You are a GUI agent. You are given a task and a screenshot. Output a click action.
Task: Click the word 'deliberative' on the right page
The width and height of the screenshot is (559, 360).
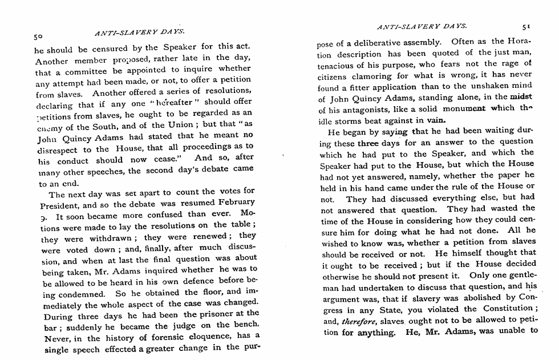click(x=379, y=42)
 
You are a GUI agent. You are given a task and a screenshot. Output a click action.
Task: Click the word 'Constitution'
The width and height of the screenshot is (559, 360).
click(x=504, y=309)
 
